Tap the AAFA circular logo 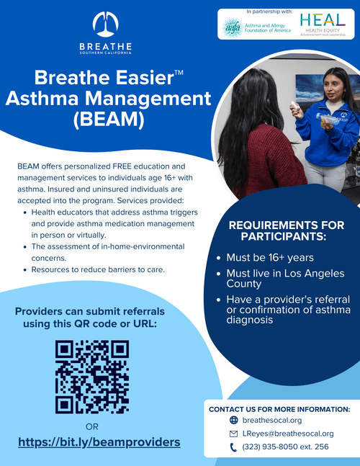tap(233, 27)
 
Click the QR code tap(91, 377)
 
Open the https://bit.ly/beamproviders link tap(99, 442)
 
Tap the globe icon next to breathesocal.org tap(233, 420)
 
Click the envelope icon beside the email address tap(233, 434)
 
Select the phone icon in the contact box tap(233, 447)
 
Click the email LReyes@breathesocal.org tap(288, 434)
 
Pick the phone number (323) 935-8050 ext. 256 tap(285, 447)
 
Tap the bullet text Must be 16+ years tap(270, 257)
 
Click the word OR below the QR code tap(91, 426)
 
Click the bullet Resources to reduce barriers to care tap(98, 269)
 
